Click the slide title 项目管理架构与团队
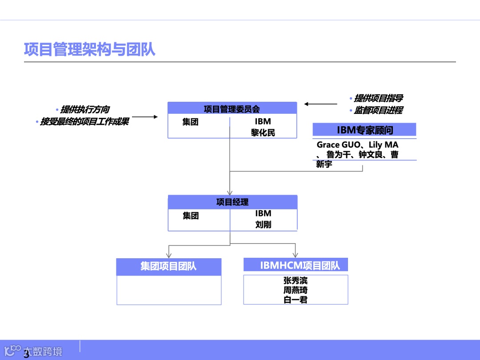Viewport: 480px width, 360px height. (x=90, y=49)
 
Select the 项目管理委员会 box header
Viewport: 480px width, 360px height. (x=232, y=108)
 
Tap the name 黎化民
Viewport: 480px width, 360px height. (x=263, y=132)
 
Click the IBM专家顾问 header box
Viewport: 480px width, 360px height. (x=364, y=130)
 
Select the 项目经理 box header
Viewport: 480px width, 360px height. (x=232, y=202)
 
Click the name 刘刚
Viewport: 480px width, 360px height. (x=263, y=224)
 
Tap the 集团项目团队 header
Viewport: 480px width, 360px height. (x=168, y=267)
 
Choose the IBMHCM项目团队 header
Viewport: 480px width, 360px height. (x=296, y=265)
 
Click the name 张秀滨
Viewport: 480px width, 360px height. (x=296, y=280)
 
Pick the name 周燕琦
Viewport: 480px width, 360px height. (x=296, y=290)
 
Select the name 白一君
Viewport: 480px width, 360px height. (x=296, y=300)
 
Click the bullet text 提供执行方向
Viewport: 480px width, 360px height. (x=85, y=110)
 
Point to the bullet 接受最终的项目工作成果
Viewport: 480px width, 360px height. (x=84, y=121)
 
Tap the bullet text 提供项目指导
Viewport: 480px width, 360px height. (x=378, y=99)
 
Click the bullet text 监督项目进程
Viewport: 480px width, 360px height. (x=378, y=110)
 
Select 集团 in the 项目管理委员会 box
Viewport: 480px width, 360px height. (x=190, y=122)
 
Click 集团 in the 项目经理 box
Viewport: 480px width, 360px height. (x=191, y=216)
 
